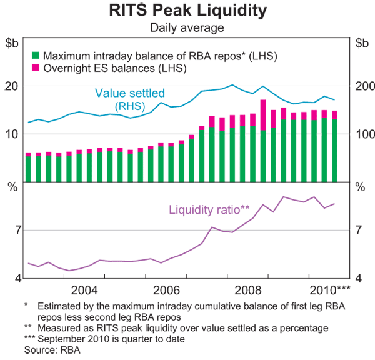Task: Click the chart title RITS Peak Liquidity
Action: click(187, 11)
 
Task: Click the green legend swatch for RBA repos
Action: click(36, 56)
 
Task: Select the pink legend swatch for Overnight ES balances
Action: click(36, 67)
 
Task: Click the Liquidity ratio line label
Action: click(209, 209)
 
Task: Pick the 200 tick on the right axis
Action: click(364, 86)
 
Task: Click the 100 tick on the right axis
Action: click(364, 134)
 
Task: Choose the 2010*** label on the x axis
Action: click(330, 290)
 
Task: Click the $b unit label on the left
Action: click(12, 44)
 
